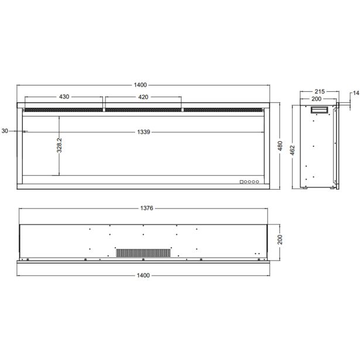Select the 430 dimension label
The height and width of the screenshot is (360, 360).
tap(65, 97)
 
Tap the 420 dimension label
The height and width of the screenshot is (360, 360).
tap(143, 97)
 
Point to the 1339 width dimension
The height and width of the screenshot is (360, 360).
tap(143, 132)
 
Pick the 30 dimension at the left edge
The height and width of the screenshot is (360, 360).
tap(5, 132)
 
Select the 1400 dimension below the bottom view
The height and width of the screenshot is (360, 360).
tap(143, 275)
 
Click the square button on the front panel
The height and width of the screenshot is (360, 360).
tap(241, 182)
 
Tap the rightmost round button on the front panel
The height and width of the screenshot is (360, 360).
tap(256, 182)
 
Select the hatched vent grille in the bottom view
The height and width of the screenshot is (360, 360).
tap(143, 252)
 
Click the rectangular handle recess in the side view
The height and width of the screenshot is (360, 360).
tap(320, 111)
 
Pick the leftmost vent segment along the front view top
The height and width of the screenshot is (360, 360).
tap(63, 109)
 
